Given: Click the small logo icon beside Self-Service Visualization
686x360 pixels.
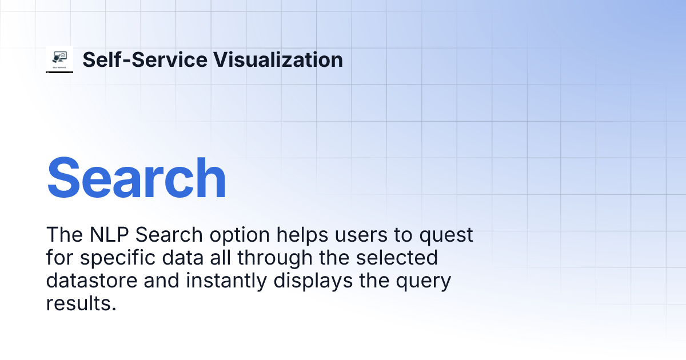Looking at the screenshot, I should pyautogui.click(x=59, y=59).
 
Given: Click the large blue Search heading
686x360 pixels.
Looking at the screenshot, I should pyautogui.click(x=137, y=178).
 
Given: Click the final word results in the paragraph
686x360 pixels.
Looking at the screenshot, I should pyautogui.click(x=81, y=304).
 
